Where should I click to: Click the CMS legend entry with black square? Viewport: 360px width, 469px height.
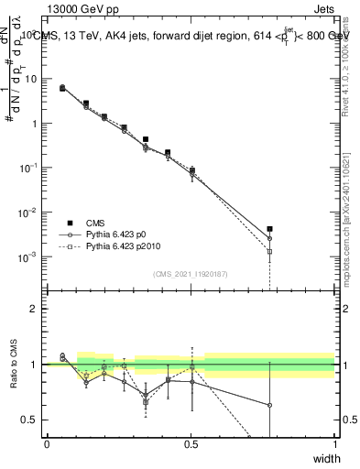pyautogui.click(x=95, y=223)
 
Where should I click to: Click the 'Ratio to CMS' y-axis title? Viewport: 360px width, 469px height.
pyautogui.click(x=14, y=363)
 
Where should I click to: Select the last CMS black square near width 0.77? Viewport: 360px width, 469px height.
pyautogui.click(x=269, y=229)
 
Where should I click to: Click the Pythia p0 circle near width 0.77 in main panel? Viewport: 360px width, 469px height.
pyautogui.click(x=269, y=238)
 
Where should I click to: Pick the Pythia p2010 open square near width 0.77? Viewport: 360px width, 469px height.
pyautogui.click(x=269, y=251)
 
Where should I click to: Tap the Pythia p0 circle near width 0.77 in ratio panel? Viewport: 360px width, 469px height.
pyautogui.click(x=269, y=405)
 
